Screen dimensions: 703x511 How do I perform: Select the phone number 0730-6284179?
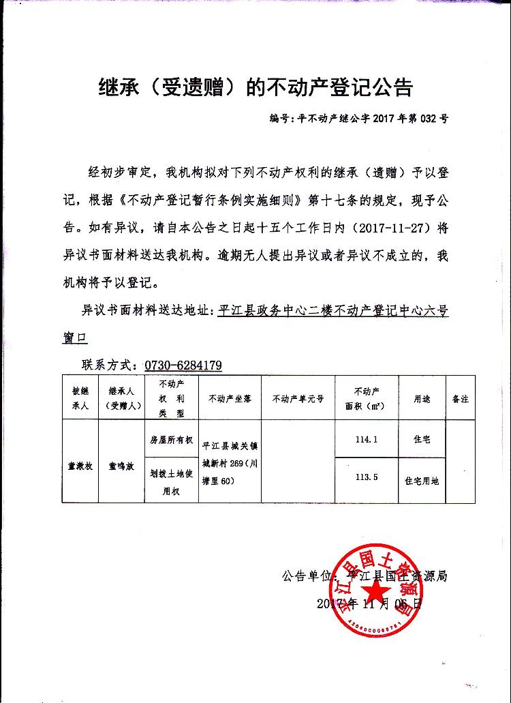[x=183, y=365]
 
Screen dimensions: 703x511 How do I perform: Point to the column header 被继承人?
[x=80, y=398]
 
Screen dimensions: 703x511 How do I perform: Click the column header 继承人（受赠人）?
[x=122, y=398]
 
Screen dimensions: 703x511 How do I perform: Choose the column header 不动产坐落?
[x=230, y=398]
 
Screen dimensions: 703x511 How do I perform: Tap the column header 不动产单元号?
[x=298, y=398]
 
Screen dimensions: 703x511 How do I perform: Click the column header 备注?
[x=460, y=398]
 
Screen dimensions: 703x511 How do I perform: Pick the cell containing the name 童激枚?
[x=80, y=467]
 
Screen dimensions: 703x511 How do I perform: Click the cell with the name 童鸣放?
[x=122, y=467]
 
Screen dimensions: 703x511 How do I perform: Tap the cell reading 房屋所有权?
[x=172, y=440]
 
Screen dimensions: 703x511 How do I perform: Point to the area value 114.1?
[x=366, y=440]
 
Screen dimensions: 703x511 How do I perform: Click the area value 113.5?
[x=366, y=478]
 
